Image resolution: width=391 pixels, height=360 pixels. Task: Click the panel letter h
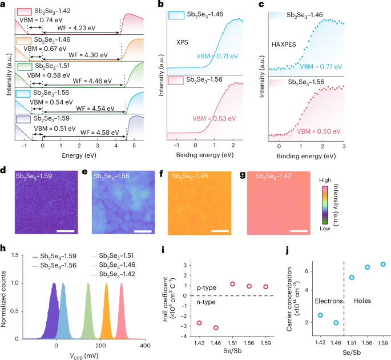(5, 249)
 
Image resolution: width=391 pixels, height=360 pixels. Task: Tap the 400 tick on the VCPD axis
(146, 346)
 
